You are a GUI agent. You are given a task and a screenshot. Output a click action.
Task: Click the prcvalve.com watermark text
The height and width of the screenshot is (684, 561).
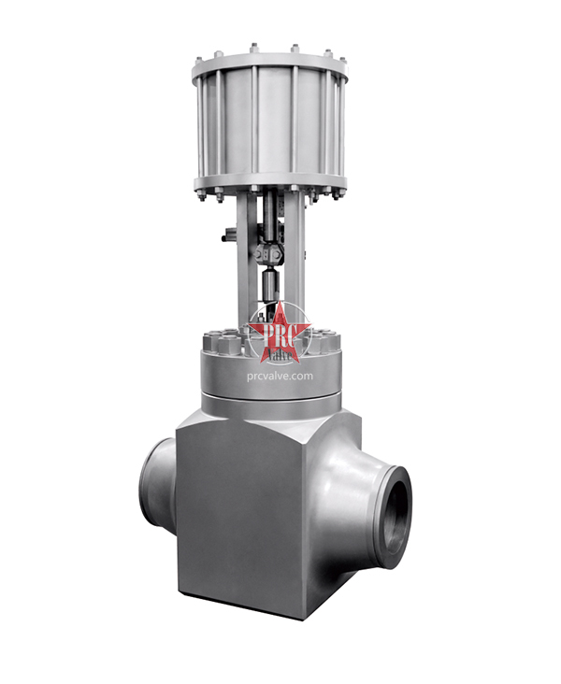[x=280, y=377]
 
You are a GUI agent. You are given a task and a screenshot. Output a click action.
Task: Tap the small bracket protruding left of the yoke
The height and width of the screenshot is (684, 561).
[x=229, y=236]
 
